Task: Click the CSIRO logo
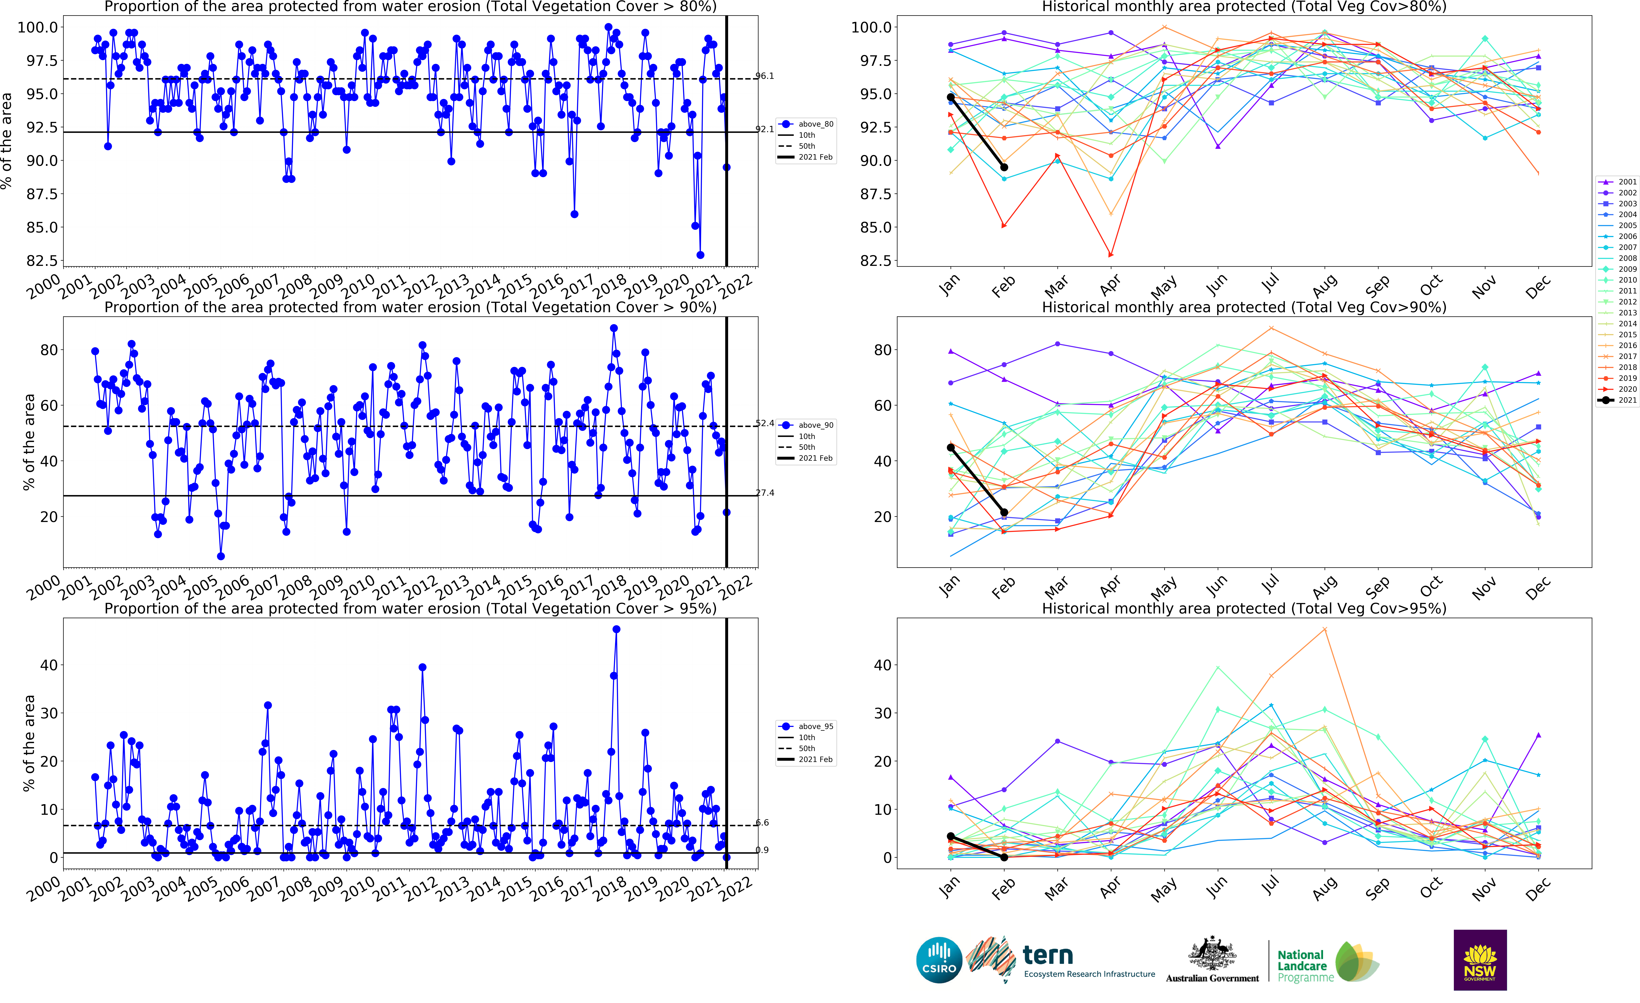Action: pos(939,960)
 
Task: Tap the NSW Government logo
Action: pos(1480,960)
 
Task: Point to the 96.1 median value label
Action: pos(765,76)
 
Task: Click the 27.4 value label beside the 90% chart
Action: pos(765,493)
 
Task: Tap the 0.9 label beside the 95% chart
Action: pos(762,850)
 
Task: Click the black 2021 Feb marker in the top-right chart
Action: pos(1004,167)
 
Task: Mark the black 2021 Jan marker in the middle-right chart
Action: pos(950,447)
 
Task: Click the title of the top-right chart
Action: pos(1243,7)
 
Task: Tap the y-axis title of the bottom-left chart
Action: pos(29,743)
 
